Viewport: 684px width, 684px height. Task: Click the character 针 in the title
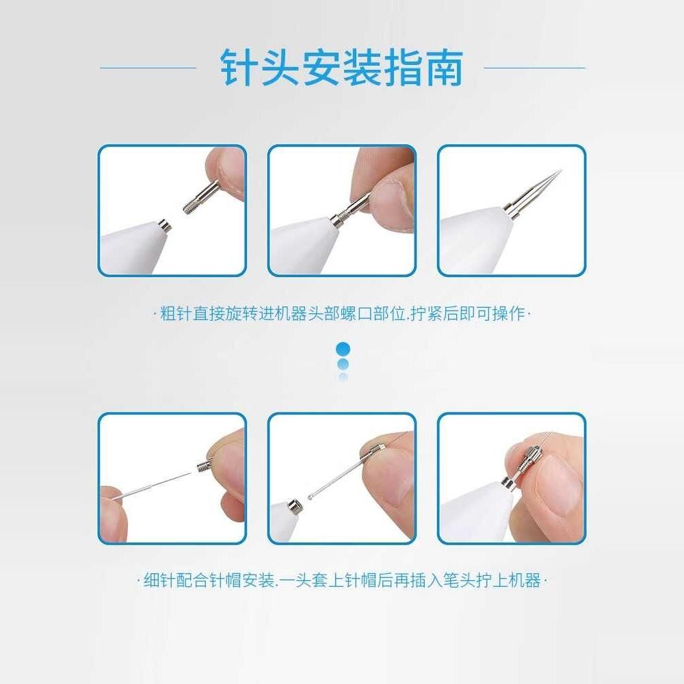(239, 67)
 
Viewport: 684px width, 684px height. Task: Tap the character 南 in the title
(443, 67)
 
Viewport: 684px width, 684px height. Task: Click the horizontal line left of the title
(148, 68)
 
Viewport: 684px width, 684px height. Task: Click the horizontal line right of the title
(534, 68)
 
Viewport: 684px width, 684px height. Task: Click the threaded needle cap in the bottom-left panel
(204, 466)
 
